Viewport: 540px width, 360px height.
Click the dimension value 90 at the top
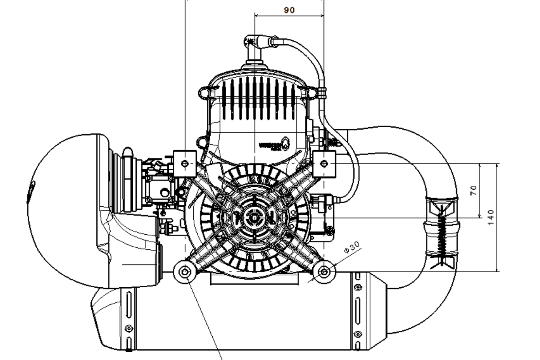click(x=289, y=10)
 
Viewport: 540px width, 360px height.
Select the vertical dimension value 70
click(x=474, y=190)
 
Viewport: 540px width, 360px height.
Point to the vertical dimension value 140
click(x=491, y=217)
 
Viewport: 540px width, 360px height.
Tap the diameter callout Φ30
click(x=352, y=248)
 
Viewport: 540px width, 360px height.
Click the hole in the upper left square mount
click(x=185, y=163)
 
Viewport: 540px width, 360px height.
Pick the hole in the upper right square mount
click(x=325, y=163)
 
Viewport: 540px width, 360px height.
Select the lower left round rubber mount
click(x=185, y=272)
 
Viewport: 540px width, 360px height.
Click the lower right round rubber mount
click(x=324, y=271)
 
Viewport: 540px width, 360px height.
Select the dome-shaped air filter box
click(x=67, y=209)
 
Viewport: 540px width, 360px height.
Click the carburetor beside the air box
click(x=158, y=186)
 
